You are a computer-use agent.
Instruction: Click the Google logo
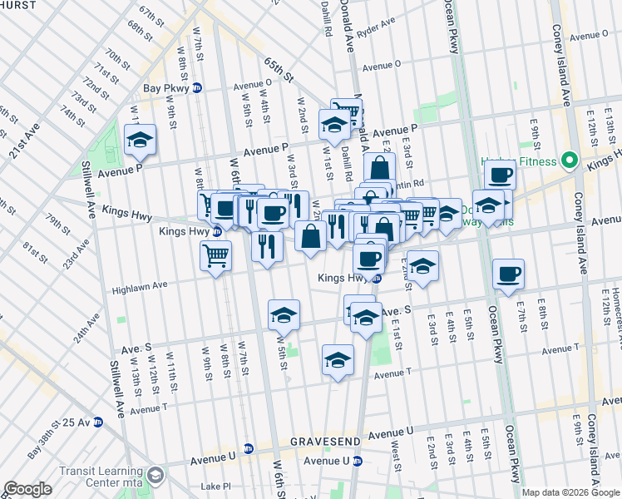click(27, 489)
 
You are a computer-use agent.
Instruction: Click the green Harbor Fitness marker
click(570, 160)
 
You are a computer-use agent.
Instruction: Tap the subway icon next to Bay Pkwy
click(197, 87)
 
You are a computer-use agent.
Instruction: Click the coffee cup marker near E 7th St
click(508, 274)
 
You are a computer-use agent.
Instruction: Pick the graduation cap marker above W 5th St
click(284, 315)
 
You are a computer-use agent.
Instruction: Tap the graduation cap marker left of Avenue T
click(337, 360)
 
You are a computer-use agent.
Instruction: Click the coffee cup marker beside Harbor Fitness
click(501, 175)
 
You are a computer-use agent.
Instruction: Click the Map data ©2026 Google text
click(570, 492)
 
